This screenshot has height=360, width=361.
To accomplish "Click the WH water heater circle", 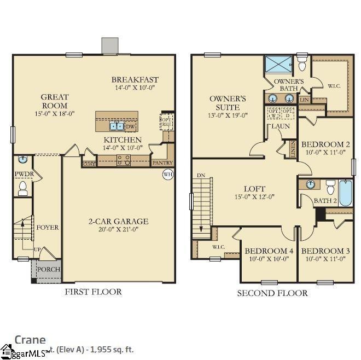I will (167, 175).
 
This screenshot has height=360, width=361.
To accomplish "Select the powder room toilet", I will (22, 189).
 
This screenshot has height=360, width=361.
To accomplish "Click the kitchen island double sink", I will (117, 127).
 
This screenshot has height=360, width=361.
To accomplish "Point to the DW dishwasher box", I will (130, 127).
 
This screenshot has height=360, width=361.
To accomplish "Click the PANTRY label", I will (162, 162).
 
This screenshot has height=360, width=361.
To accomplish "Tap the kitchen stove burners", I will (124, 159).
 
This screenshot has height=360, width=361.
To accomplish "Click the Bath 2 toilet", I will (330, 188).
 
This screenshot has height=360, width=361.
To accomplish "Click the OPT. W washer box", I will (273, 113).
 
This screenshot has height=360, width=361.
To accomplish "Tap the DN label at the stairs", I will (201, 176).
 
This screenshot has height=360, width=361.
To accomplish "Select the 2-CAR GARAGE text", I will (119, 222).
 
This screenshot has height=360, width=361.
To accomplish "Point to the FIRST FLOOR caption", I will (93, 292).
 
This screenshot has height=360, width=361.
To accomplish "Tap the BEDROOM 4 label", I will (268, 251).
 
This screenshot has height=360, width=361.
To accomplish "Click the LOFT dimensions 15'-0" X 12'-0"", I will (255, 197).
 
